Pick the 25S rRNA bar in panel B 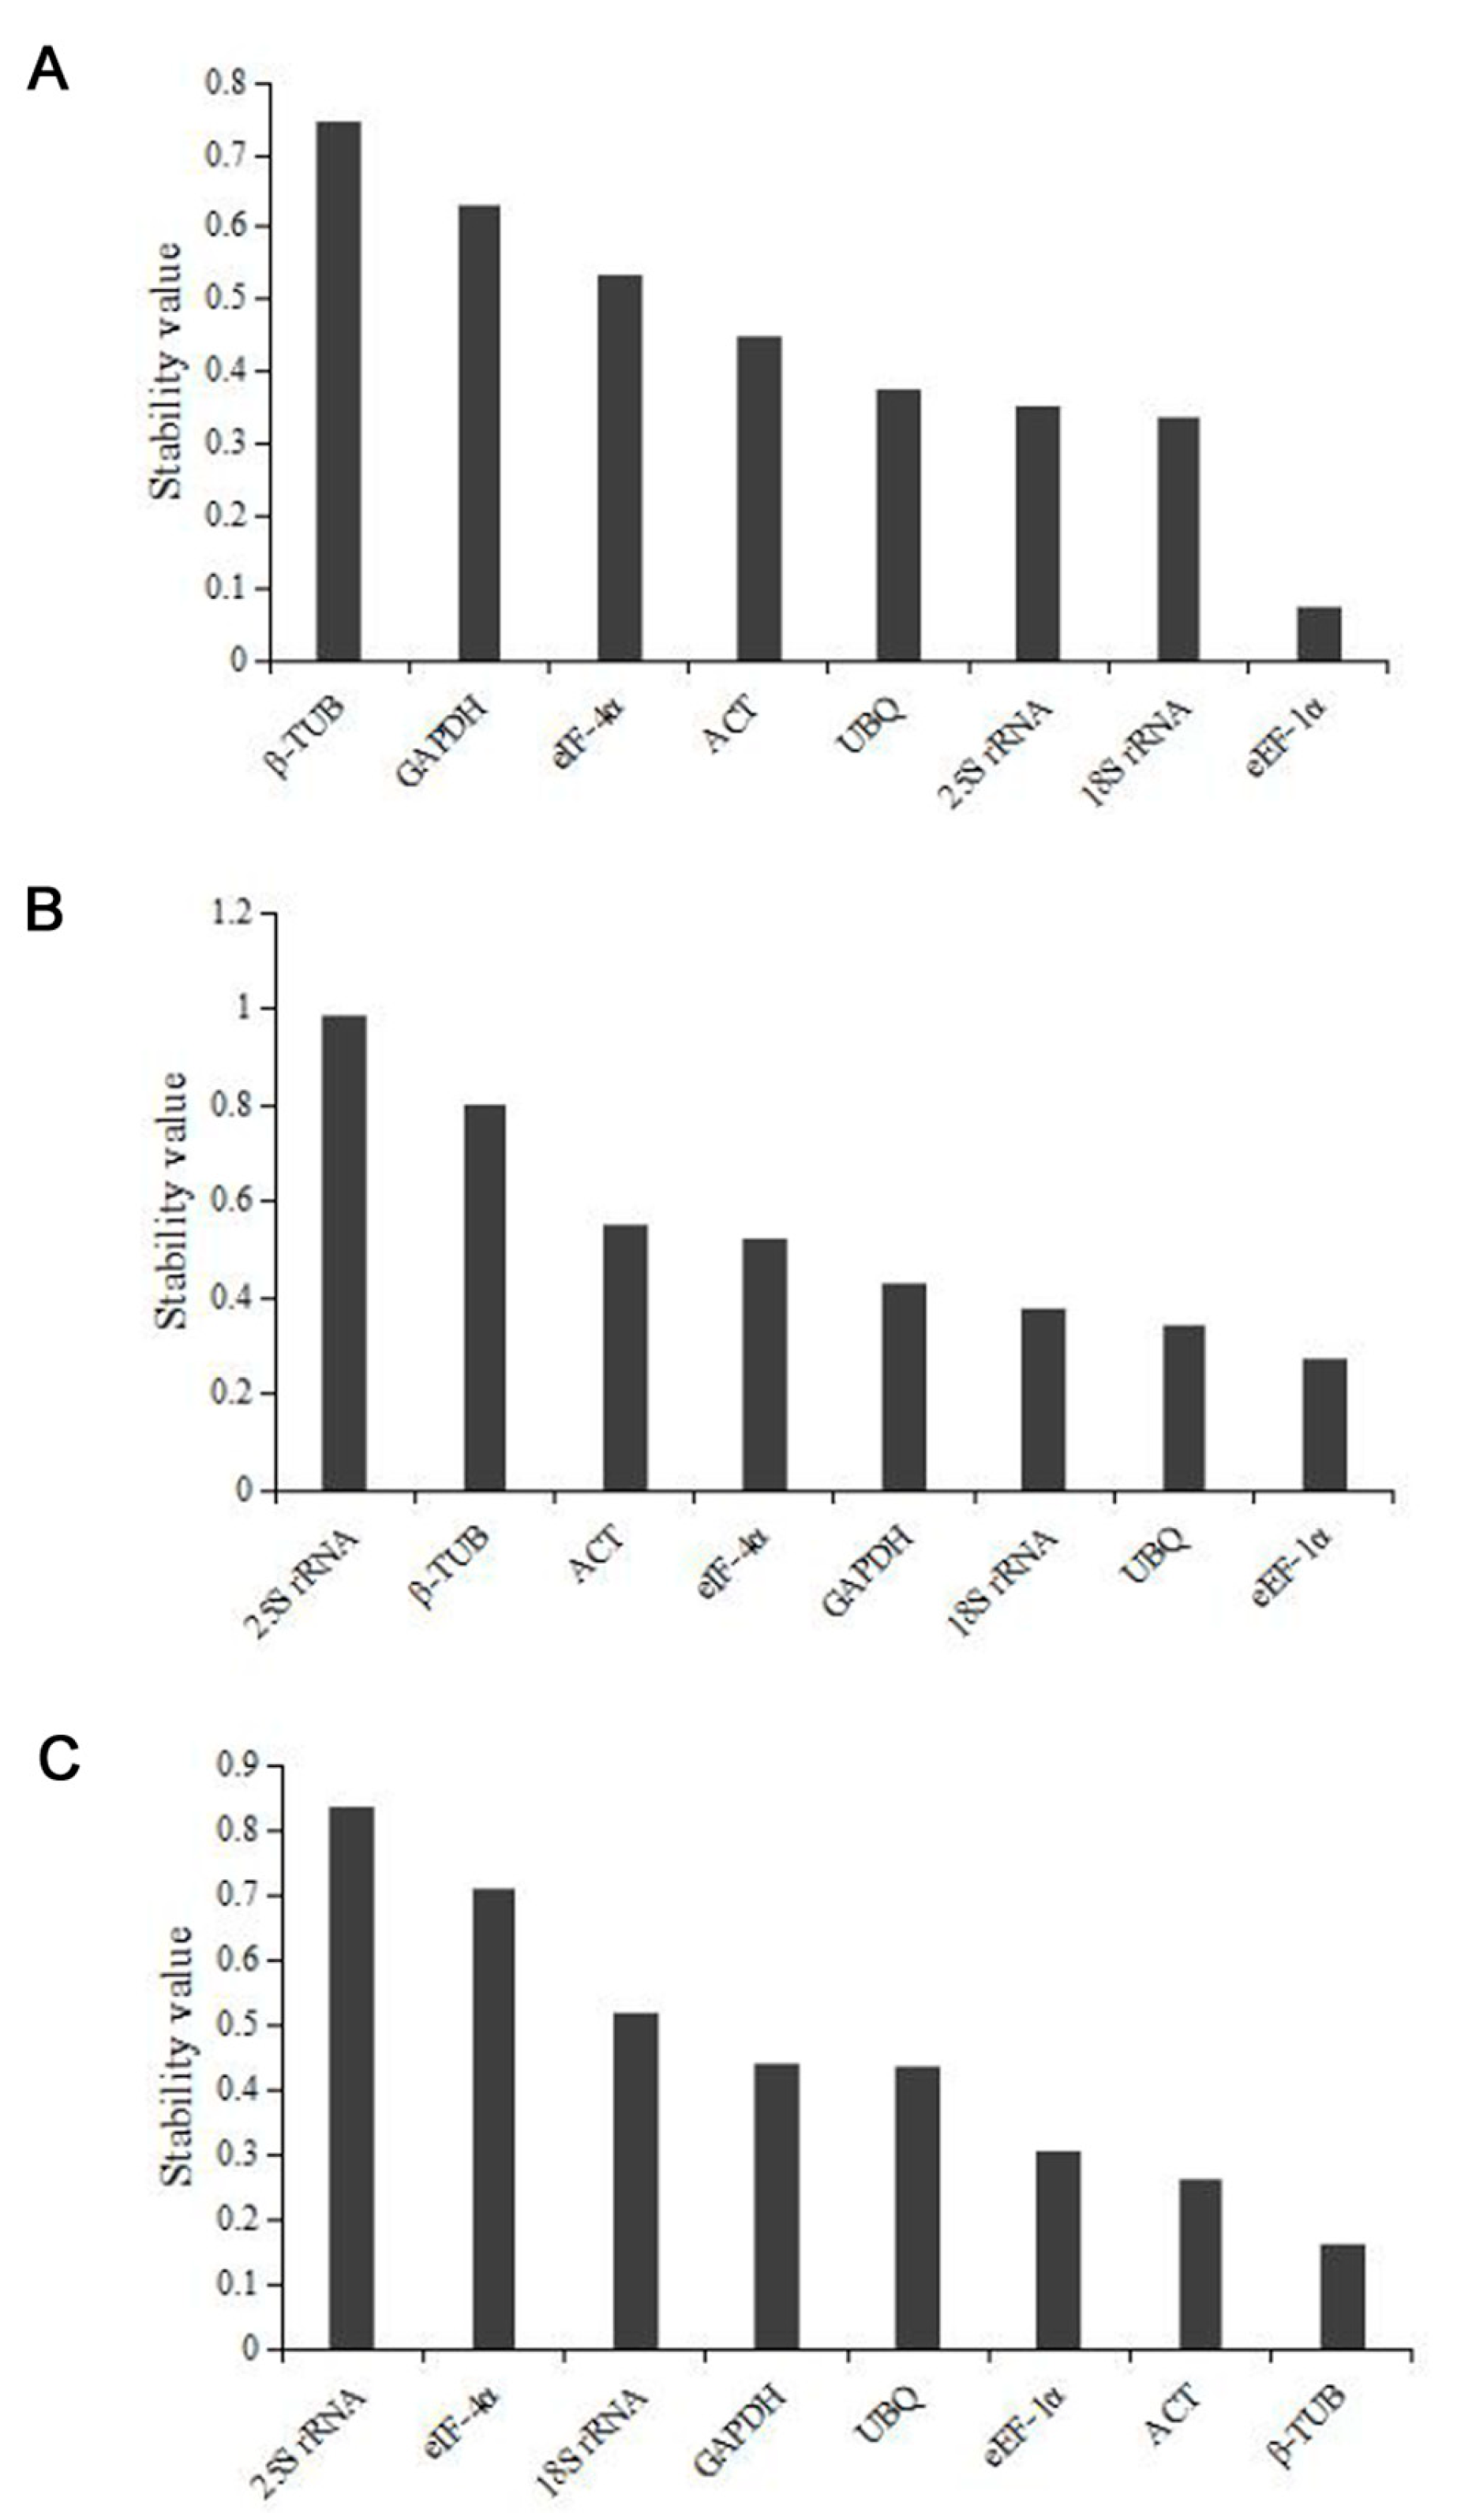[x=344, y=1253]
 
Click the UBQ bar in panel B [x=1184, y=1407]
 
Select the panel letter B [x=44, y=911]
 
